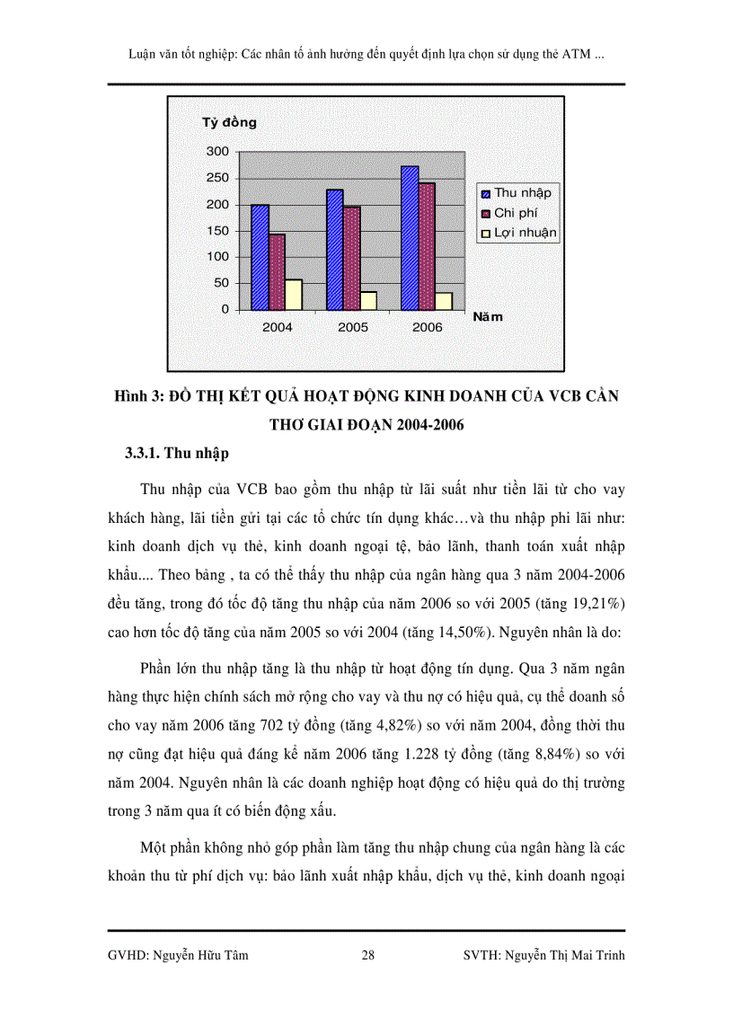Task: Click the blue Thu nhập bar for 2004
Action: (261, 257)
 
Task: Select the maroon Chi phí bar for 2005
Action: (351, 258)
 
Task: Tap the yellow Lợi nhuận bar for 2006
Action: (444, 301)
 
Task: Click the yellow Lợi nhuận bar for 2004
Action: (294, 295)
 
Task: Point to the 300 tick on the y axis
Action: (217, 152)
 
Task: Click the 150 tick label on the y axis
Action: (217, 231)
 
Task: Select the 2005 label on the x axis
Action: (352, 327)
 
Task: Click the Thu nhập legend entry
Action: (521, 192)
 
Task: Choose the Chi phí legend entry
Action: (515, 213)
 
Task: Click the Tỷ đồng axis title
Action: (228, 122)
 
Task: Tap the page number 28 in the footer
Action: (367, 956)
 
